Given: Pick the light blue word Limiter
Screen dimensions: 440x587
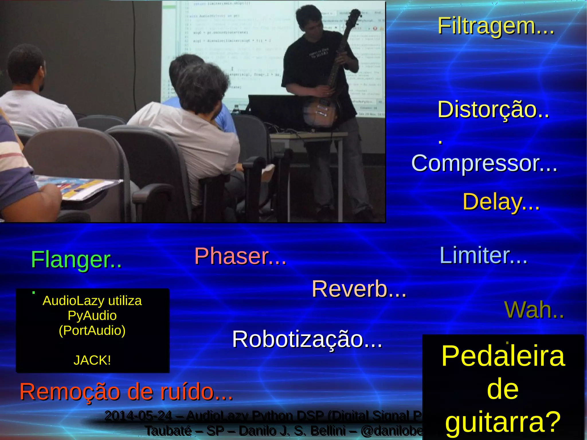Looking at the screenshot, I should pyautogui.click(x=474, y=255).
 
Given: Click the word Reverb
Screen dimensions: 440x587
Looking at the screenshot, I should pyautogui.click(x=350, y=289).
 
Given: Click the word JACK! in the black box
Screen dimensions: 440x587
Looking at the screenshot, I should pyautogui.click(x=92, y=360).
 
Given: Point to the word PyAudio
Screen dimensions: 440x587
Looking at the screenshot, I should pyautogui.click(x=92, y=316).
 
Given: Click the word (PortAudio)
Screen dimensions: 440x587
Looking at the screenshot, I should pyautogui.click(x=92, y=331).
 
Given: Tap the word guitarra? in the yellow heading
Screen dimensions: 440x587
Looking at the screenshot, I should pyautogui.click(x=503, y=421).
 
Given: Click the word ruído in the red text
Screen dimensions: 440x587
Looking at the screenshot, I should pyautogui.click(x=186, y=392).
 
